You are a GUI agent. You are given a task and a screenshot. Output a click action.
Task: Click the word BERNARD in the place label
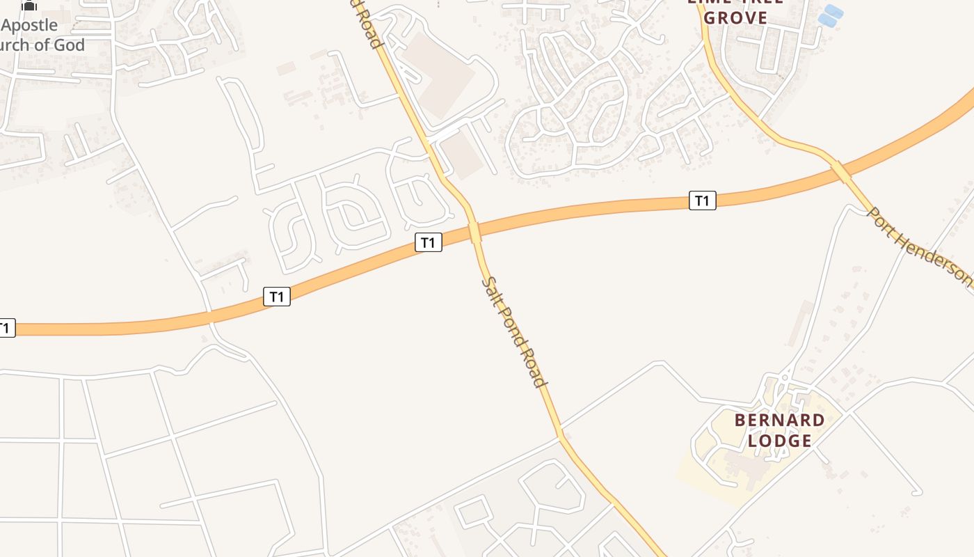click(780, 421)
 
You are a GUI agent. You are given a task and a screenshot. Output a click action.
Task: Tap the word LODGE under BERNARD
click(780, 441)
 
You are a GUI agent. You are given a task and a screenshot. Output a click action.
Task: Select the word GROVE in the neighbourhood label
click(735, 18)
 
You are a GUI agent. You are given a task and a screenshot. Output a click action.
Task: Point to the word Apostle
click(29, 26)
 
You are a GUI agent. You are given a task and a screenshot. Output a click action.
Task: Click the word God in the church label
click(72, 45)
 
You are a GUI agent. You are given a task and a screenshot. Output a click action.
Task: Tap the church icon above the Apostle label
click(29, 6)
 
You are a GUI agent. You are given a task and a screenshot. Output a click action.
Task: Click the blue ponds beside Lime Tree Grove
click(829, 15)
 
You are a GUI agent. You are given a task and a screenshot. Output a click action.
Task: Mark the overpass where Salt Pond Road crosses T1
click(475, 232)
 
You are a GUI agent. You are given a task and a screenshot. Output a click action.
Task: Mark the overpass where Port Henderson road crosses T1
click(841, 171)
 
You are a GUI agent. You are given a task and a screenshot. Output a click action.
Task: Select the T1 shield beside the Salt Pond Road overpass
click(429, 242)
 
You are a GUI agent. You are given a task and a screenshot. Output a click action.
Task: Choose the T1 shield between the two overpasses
click(703, 201)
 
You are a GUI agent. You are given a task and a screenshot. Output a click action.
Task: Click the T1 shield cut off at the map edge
click(6, 328)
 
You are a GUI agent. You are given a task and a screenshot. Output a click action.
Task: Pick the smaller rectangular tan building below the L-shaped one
click(463, 155)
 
